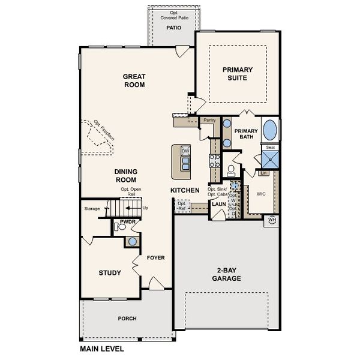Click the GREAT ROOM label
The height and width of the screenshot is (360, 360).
point(135,80)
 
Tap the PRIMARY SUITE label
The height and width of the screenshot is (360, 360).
point(238,73)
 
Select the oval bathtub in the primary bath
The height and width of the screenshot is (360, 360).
point(271,130)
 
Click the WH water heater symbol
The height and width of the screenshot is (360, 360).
point(271,220)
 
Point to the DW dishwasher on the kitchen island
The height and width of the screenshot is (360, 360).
point(185,151)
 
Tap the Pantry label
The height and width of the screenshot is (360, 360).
point(209,120)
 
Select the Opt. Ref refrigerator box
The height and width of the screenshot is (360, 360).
point(182,206)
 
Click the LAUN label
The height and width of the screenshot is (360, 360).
point(218,205)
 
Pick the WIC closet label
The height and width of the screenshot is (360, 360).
point(261,194)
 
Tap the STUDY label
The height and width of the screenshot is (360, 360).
point(110,273)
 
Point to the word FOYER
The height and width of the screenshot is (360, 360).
point(155,258)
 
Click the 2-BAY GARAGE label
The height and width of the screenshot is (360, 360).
point(226,275)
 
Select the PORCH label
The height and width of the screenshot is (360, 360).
point(127,318)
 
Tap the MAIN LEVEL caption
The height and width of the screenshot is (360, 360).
point(105,348)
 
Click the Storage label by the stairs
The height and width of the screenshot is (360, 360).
point(92,209)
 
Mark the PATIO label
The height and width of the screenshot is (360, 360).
point(174,28)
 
